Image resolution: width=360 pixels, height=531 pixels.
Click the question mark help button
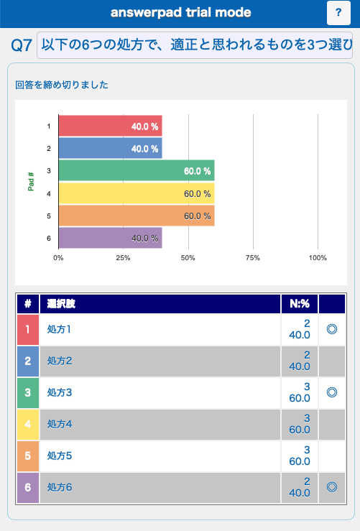338,13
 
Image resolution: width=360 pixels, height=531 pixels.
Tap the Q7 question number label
22,45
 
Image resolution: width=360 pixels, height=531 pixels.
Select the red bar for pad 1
111,126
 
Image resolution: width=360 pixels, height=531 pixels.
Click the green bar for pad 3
137,171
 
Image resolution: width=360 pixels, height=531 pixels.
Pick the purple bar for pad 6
111,238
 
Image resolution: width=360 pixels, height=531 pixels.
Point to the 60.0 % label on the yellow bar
198,194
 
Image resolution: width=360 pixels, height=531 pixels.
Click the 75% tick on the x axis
253,258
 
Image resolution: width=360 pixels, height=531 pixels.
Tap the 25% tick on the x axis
123,258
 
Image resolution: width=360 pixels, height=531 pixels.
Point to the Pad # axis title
31,182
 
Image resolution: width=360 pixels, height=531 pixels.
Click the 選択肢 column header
61,304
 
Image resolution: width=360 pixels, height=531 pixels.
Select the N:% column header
300,304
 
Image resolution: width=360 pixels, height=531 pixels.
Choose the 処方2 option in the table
60,361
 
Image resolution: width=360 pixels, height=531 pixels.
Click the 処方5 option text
60,456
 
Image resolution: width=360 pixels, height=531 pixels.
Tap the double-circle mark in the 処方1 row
332,329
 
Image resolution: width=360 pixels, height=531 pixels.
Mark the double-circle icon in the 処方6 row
332,487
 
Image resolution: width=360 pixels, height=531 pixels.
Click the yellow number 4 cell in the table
28,424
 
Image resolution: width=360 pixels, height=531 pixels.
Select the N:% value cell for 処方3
300,392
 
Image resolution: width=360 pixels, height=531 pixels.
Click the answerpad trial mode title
181,12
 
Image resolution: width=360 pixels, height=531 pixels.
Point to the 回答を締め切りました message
62,85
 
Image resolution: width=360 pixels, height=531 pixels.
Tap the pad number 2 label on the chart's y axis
49,148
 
